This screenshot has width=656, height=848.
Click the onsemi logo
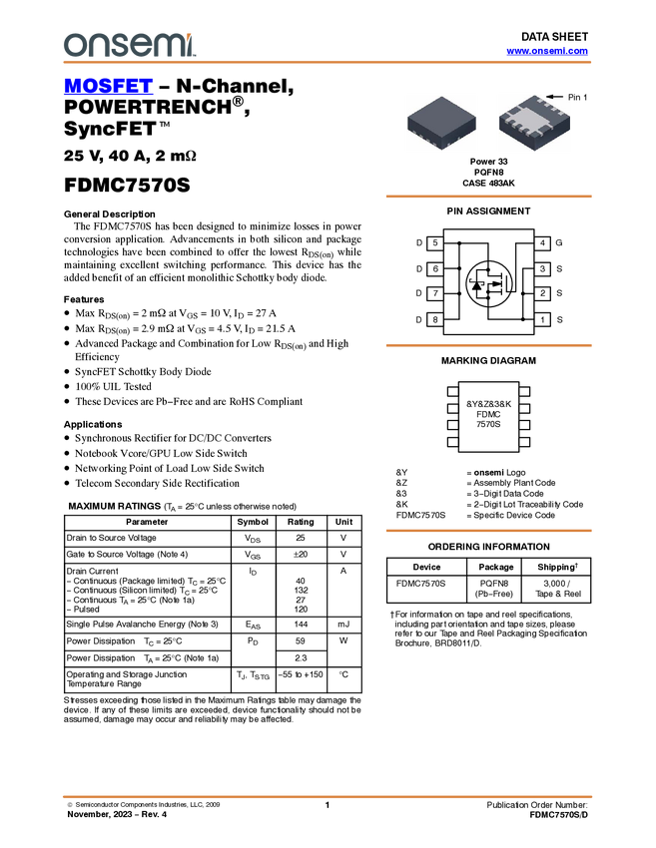(129, 45)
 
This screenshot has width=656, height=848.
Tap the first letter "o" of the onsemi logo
(73, 46)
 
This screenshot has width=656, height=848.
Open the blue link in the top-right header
(547, 51)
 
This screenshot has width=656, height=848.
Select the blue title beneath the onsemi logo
(108, 87)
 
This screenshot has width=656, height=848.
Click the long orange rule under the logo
(327, 62)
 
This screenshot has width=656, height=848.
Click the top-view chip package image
(441, 122)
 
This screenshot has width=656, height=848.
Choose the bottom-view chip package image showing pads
(534, 122)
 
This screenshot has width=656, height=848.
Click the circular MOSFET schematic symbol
(489, 284)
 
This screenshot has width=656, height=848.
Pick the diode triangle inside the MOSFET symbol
(476, 285)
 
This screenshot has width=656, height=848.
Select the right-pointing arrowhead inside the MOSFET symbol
(496, 284)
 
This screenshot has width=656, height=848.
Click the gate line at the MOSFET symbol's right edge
(509, 284)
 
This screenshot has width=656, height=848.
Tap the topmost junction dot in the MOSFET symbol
(489, 267)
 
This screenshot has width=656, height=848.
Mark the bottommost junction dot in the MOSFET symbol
(489, 301)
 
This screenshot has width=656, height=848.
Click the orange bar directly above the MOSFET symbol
(488, 197)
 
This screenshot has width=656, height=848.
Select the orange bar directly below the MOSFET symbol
(488, 345)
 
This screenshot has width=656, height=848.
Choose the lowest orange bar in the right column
(488, 531)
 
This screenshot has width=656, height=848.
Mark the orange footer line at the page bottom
(327, 796)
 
